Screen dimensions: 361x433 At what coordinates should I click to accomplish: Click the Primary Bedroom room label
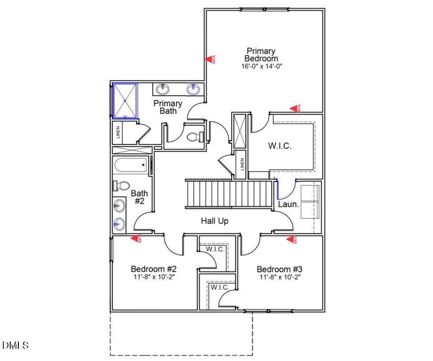coord(261,54)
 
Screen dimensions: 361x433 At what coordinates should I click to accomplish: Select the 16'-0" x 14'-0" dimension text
coord(262,67)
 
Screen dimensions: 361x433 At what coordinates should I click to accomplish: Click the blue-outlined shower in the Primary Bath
coord(124,100)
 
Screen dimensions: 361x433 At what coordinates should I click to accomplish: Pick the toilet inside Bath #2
coord(122,186)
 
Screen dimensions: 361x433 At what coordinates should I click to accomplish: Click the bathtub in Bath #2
coord(131,166)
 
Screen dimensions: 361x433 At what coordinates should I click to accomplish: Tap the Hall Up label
coord(214,221)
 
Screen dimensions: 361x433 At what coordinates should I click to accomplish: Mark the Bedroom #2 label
coord(154,269)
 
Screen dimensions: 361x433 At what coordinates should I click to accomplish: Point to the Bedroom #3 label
coord(279,269)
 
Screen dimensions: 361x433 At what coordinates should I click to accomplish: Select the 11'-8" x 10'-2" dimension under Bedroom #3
coord(279,277)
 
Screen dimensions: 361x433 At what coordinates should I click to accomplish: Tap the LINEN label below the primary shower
coord(118,132)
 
